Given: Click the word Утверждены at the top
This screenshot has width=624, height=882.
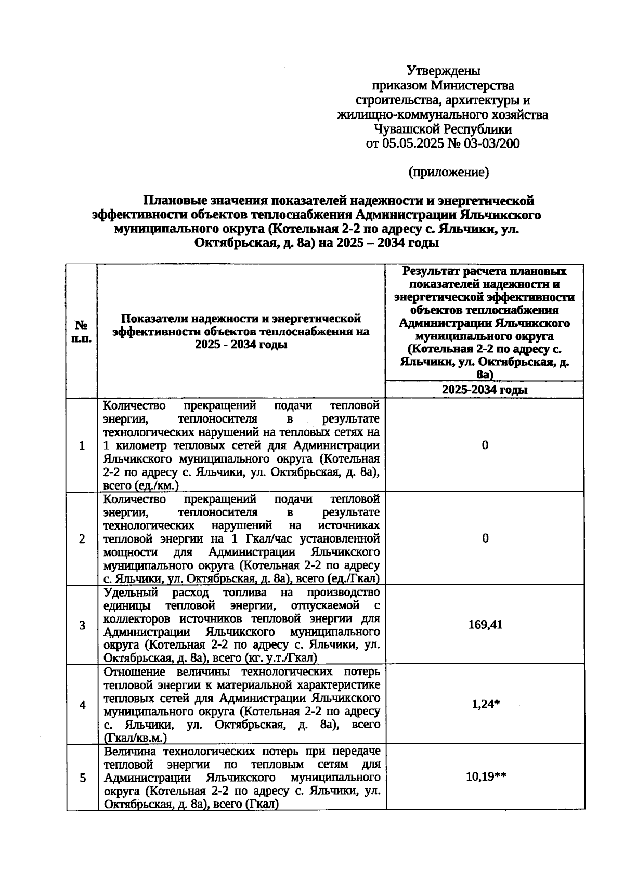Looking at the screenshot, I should coord(443,70).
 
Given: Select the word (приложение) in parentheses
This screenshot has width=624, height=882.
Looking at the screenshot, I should coord(448,172).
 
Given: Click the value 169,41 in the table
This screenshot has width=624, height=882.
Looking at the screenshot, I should coord(485,625).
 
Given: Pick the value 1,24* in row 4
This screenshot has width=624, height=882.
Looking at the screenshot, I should coord(485,704).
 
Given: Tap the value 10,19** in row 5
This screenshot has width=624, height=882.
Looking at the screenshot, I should coord(485,777).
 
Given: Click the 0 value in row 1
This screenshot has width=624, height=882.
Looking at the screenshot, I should coord(485,445).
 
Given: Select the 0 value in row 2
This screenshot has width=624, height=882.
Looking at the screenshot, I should coord(485,538).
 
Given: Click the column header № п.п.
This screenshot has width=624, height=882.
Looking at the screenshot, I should coord(82,331).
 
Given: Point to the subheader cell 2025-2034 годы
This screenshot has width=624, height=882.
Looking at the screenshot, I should coord(485,390).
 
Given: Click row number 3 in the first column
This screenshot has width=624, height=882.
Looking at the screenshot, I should coord(82,625).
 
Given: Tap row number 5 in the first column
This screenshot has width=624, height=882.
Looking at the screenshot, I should coord(82,778).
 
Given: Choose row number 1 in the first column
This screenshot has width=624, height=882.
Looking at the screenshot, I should coord(82,445).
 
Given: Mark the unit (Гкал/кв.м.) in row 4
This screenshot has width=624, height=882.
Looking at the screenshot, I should coord(135,738).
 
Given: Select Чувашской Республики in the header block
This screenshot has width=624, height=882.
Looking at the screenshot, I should coord(443,129).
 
